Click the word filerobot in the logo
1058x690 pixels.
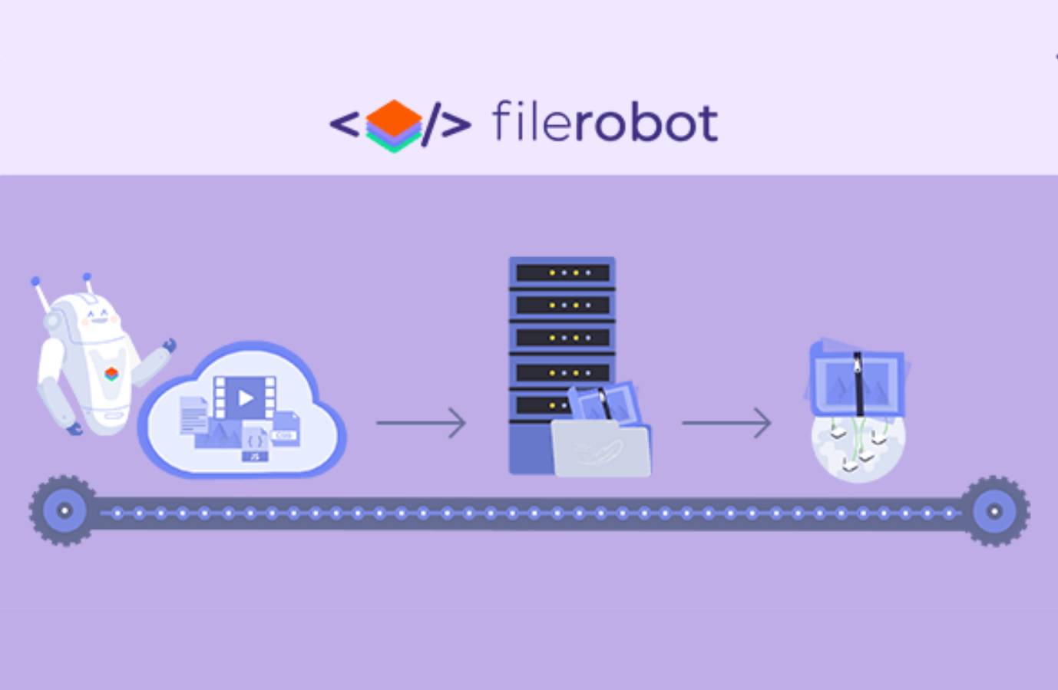coord(604,123)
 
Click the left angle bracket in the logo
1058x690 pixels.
coord(345,124)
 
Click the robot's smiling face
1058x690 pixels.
coord(98,315)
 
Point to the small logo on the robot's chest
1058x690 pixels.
coord(111,374)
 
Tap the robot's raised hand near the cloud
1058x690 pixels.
coord(168,346)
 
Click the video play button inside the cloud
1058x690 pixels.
coord(246,398)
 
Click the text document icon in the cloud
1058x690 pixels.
coord(193,415)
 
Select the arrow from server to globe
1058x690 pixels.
coord(726,423)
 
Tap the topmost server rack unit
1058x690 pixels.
coord(562,272)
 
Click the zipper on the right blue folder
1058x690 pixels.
coord(858,381)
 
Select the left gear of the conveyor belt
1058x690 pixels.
coord(64,510)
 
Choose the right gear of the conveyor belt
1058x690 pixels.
coord(994,510)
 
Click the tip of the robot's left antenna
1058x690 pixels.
coord(35,282)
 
